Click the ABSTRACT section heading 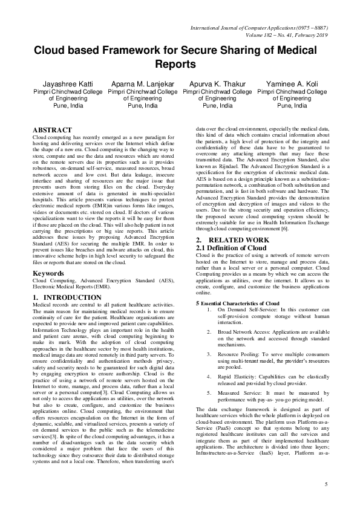[51, 130]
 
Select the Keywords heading [48, 273]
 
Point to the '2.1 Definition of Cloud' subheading [231, 248]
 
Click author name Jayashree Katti [68, 83]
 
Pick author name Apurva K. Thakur [217, 83]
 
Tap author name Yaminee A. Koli [292, 83]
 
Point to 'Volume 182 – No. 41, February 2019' [278, 35]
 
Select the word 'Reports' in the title [180, 64]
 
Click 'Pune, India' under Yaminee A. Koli [292, 105]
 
